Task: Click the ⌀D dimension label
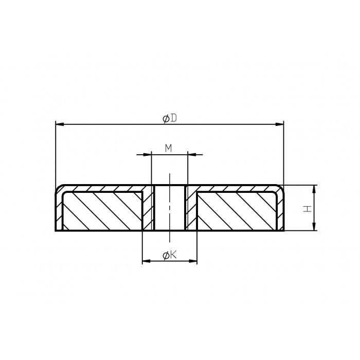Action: tap(170, 118)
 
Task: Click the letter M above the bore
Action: tap(168, 148)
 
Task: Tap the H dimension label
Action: tap(307, 208)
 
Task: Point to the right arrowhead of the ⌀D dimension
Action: tap(280, 124)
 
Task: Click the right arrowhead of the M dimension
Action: tap(191, 154)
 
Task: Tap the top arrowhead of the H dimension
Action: tap(314, 188)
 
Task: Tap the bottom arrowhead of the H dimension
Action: tap(314, 228)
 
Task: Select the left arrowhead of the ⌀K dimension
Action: tap(145, 262)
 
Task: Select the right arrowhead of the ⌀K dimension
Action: tap(194, 262)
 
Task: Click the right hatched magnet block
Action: tap(237, 211)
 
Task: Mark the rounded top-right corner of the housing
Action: tap(281, 188)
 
